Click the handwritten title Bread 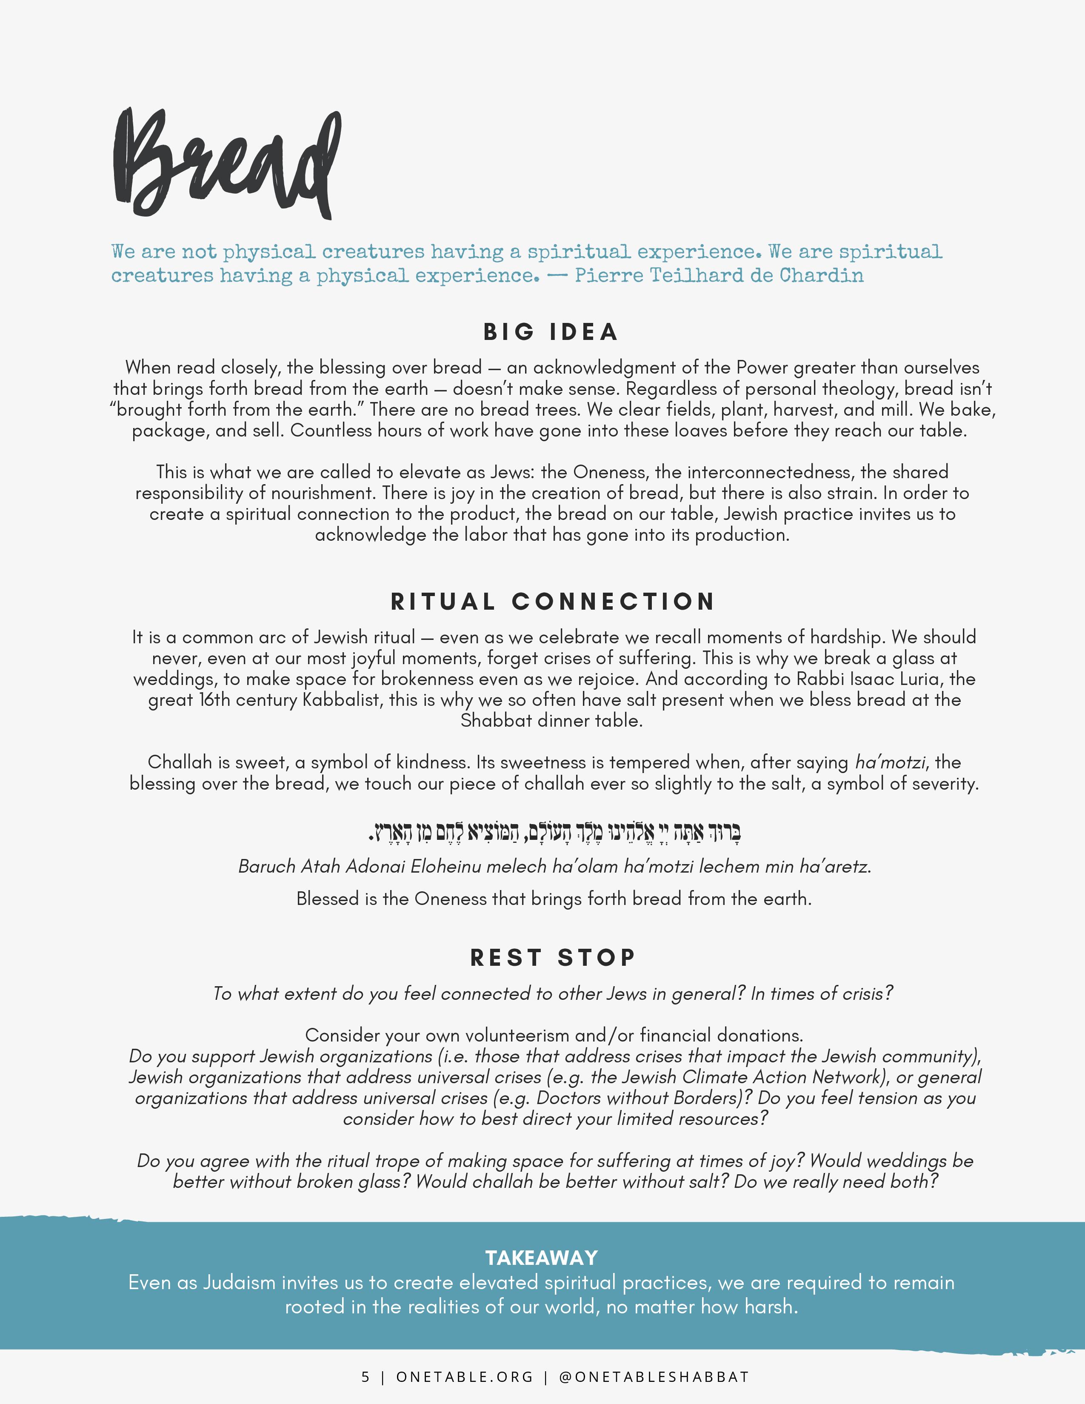tap(225, 164)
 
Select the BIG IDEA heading tap(551, 332)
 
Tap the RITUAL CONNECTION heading tap(552, 602)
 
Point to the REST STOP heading tap(553, 957)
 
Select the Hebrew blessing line tap(554, 833)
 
